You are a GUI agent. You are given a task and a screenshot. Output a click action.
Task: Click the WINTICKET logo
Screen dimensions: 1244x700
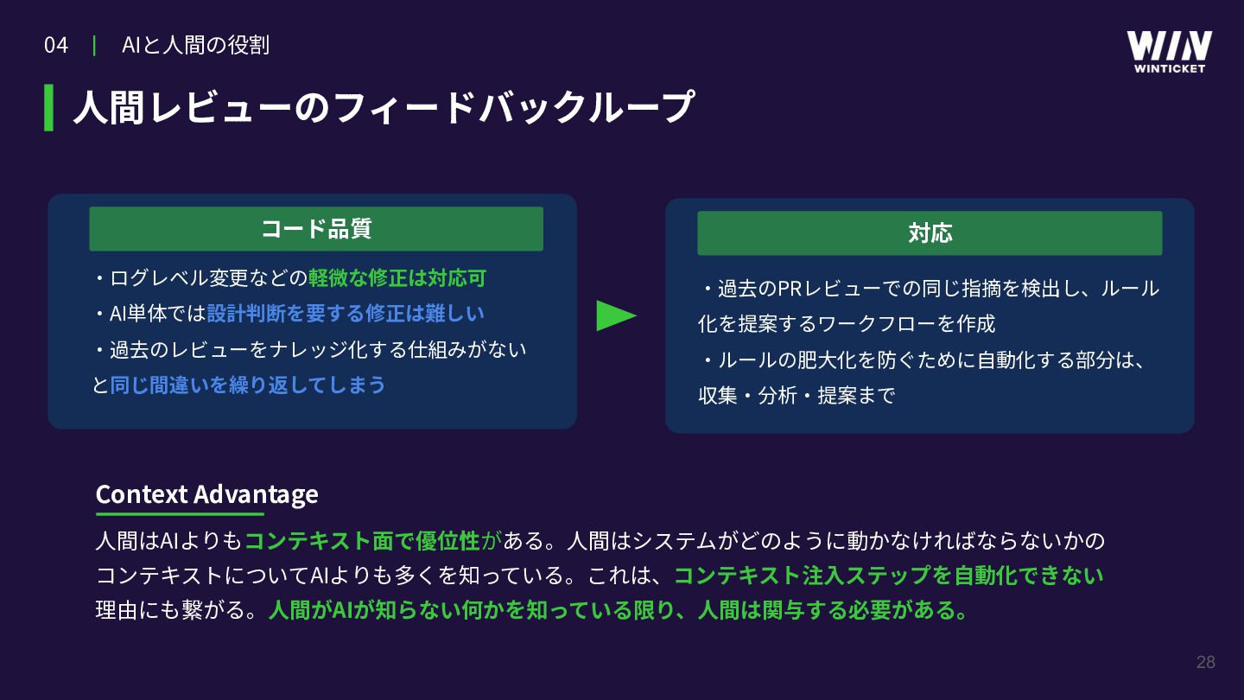point(1169,52)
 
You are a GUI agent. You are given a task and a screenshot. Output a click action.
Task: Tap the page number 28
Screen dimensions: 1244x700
point(1206,662)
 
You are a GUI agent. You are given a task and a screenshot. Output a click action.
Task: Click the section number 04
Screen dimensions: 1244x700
point(55,46)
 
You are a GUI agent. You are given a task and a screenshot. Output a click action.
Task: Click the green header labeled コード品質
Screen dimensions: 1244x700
point(316,229)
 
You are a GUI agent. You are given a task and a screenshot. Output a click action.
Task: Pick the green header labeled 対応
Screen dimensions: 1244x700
point(930,232)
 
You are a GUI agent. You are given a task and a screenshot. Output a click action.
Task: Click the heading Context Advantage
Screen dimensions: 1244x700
point(206,494)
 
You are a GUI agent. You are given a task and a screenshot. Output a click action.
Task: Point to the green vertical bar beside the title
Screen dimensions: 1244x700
point(49,108)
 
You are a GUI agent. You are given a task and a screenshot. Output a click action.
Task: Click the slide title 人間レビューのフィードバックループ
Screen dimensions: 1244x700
point(384,108)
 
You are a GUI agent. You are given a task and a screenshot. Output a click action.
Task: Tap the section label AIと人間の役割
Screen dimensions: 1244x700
point(195,46)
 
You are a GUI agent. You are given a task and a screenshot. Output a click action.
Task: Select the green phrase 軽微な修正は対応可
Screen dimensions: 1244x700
point(397,277)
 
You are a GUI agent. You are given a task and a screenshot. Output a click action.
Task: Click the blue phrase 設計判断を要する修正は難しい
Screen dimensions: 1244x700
point(346,314)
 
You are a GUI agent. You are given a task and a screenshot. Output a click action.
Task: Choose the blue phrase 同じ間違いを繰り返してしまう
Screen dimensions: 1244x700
point(248,385)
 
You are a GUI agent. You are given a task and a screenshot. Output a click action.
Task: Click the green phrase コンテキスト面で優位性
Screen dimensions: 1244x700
point(362,541)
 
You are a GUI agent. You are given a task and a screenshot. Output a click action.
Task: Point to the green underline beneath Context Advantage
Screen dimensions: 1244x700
point(180,514)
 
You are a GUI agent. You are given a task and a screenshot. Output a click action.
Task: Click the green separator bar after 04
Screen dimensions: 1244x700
point(94,46)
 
